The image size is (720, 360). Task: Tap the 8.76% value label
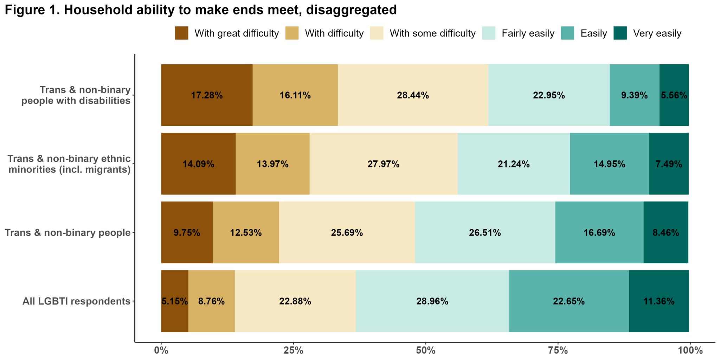tap(211, 301)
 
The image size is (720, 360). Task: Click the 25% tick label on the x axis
tap(293, 351)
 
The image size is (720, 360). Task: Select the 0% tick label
tap(161, 351)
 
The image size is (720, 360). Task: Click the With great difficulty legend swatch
tap(181, 33)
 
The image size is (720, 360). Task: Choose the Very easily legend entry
tap(657, 33)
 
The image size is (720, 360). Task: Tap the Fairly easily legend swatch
tap(489, 33)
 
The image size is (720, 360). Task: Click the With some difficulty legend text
tap(432, 33)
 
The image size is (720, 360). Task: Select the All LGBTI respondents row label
tap(76, 301)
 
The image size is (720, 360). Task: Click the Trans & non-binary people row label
tap(67, 232)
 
